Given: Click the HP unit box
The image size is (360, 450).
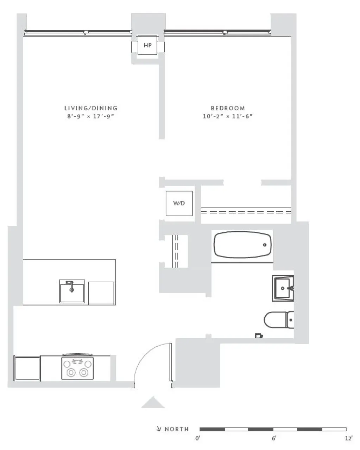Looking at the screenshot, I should pyautogui.click(x=147, y=45).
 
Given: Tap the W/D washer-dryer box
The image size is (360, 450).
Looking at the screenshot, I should pyautogui.click(x=179, y=203).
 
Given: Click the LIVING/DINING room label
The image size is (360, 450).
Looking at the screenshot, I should pyautogui.click(x=91, y=108).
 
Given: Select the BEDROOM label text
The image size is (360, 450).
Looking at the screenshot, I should pyautogui.click(x=228, y=108).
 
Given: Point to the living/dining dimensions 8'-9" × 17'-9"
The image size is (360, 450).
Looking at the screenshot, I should pyautogui.click(x=91, y=116).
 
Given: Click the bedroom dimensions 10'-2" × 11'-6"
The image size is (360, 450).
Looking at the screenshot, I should pyautogui.click(x=228, y=116).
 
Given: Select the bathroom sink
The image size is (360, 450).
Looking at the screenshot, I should pyautogui.click(x=283, y=288).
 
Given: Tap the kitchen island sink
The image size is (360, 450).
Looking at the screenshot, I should pyautogui.click(x=72, y=291).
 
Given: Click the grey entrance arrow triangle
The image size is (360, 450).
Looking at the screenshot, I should pyautogui.click(x=153, y=403).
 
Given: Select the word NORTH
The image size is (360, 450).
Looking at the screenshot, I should pyautogui.click(x=177, y=429).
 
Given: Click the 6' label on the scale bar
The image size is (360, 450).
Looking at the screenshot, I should pyautogui.click(x=274, y=438).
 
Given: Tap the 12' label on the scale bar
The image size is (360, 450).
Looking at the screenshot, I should pyautogui.click(x=348, y=438).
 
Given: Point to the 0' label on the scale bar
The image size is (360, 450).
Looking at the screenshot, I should pyautogui.click(x=198, y=438).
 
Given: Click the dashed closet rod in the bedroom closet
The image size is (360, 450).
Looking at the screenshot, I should pyautogui.click(x=246, y=212).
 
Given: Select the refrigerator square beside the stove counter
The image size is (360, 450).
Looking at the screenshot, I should pyautogui.click(x=27, y=368).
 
